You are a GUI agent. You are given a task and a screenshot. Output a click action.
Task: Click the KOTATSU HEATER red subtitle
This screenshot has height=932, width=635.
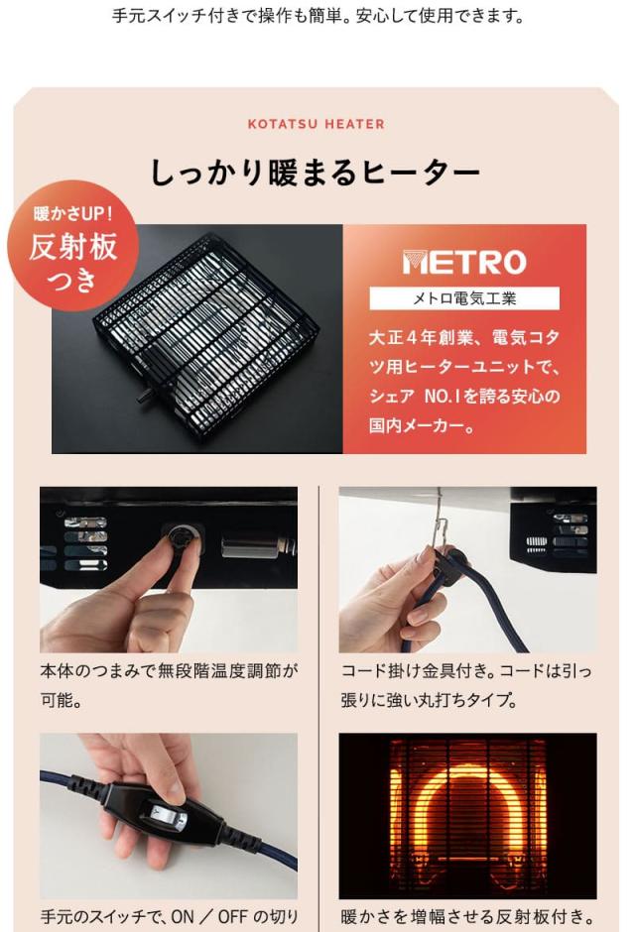(x=316, y=124)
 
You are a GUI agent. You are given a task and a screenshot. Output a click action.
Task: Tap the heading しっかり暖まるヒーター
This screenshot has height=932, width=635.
(x=316, y=173)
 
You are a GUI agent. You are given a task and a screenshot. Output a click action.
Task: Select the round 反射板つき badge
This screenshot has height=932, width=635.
(x=73, y=246)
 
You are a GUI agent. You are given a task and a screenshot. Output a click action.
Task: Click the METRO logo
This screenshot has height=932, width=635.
(x=464, y=262)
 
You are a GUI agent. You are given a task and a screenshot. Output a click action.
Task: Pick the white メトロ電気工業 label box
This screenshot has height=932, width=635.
(x=464, y=297)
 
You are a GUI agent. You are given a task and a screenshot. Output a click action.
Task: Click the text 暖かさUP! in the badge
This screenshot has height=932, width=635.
(x=73, y=213)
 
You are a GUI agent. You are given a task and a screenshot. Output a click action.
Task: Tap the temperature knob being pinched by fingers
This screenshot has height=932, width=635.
(x=183, y=542)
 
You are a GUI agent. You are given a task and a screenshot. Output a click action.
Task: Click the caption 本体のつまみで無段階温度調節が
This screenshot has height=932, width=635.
(x=170, y=670)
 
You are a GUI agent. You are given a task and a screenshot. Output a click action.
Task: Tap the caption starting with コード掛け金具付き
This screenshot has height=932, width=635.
(x=466, y=670)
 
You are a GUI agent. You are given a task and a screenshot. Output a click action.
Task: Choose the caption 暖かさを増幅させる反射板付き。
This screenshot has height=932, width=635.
(x=466, y=917)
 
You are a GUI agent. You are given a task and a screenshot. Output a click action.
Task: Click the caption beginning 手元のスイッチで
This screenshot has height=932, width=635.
(x=170, y=917)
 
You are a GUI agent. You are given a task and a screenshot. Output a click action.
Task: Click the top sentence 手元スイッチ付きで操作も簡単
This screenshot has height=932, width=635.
(x=316, y=17)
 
